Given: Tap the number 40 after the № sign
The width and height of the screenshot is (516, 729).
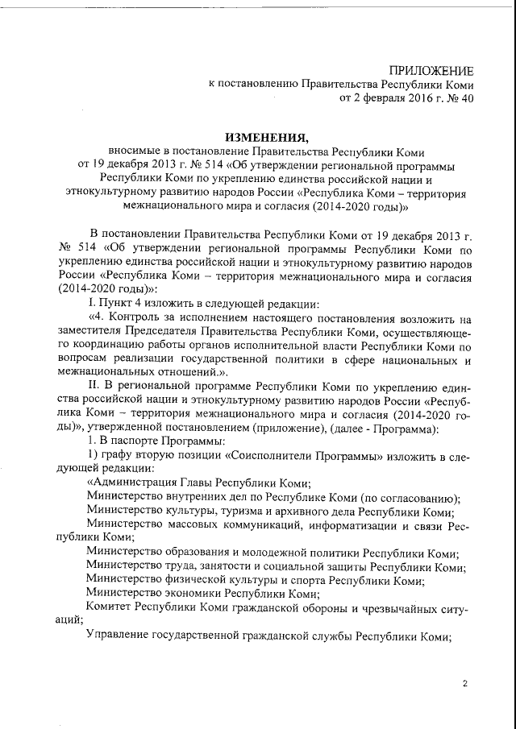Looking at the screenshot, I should [467, 99].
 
